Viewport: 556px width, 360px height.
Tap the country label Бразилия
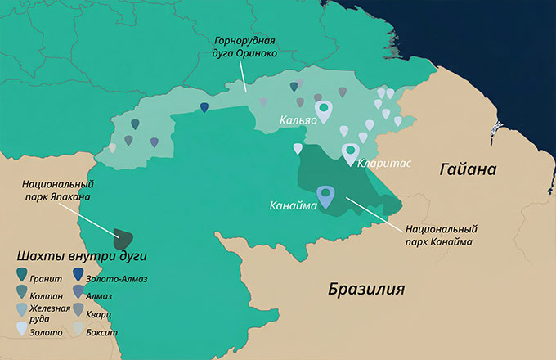pyautogui.click(x=366, y=290)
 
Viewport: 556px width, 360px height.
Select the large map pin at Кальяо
pyautogui.click(x=324, y=110)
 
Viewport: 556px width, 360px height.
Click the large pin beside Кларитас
pyautogui.click(x=350, y=153)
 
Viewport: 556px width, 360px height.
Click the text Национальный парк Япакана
pyautogui.click(x=56, y=191)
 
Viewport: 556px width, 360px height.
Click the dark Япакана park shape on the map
pyautogui.click(x=123, y=238)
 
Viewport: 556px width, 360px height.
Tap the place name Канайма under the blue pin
pyautogui.click(x=293, y=205)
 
